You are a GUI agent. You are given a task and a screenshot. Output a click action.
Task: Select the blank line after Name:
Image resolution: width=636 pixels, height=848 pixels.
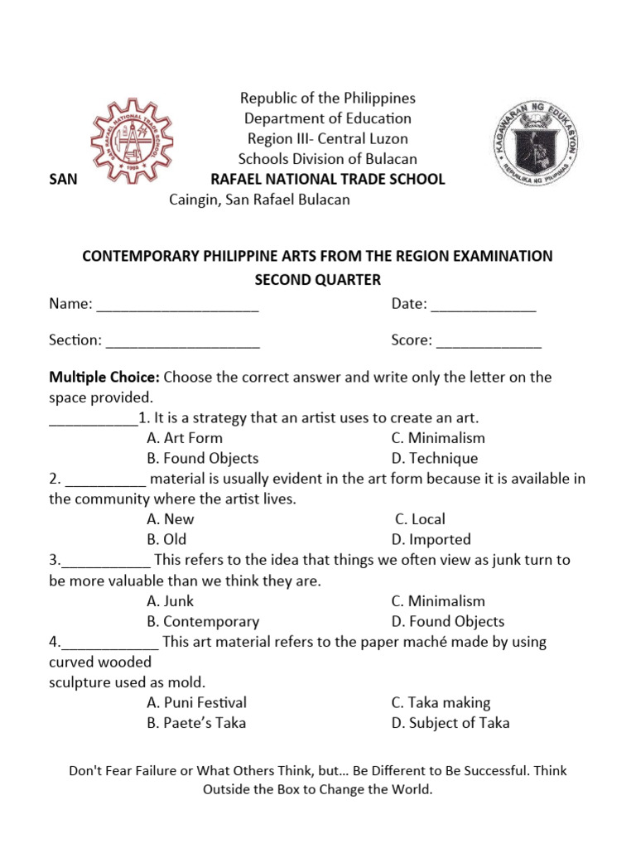(177, 306)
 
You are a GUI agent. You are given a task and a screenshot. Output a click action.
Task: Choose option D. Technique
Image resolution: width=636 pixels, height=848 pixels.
(434, 458)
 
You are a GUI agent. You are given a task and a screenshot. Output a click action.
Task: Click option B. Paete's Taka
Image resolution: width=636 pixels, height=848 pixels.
(196, 722)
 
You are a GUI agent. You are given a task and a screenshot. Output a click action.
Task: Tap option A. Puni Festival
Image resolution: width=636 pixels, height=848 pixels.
(196, 702)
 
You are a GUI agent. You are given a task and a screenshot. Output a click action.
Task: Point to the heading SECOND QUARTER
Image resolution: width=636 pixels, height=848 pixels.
(317, 279)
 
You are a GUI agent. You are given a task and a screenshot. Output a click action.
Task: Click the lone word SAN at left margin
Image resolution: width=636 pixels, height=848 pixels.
(63, 180)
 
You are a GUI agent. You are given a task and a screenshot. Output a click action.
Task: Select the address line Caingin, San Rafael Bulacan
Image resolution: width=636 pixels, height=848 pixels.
(259, 200)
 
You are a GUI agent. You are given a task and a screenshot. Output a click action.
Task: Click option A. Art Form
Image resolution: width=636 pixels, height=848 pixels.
(184, 438)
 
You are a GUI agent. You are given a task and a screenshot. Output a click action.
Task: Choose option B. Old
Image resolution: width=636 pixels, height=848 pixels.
(168, 539)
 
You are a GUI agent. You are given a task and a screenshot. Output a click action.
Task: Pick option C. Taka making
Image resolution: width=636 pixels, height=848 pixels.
(441, 702)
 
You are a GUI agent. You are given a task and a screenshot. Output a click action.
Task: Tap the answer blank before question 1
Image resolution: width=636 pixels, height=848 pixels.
(93, 419)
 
